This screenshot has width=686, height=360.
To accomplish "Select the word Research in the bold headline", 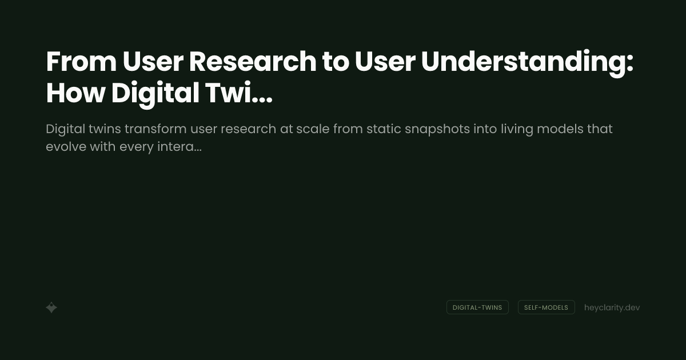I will pyautogui.click(x=253, y=62).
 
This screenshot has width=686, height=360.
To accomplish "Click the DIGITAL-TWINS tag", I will pyautogui.click(x=477, y=307).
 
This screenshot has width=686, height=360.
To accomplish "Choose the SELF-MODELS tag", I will pyautogui.click(x=546, y=307).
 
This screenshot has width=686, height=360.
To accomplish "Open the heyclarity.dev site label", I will pyautogui.click(x=612, y=307).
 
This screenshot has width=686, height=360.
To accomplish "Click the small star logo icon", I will pyautogui.click(x=51, y=307).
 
